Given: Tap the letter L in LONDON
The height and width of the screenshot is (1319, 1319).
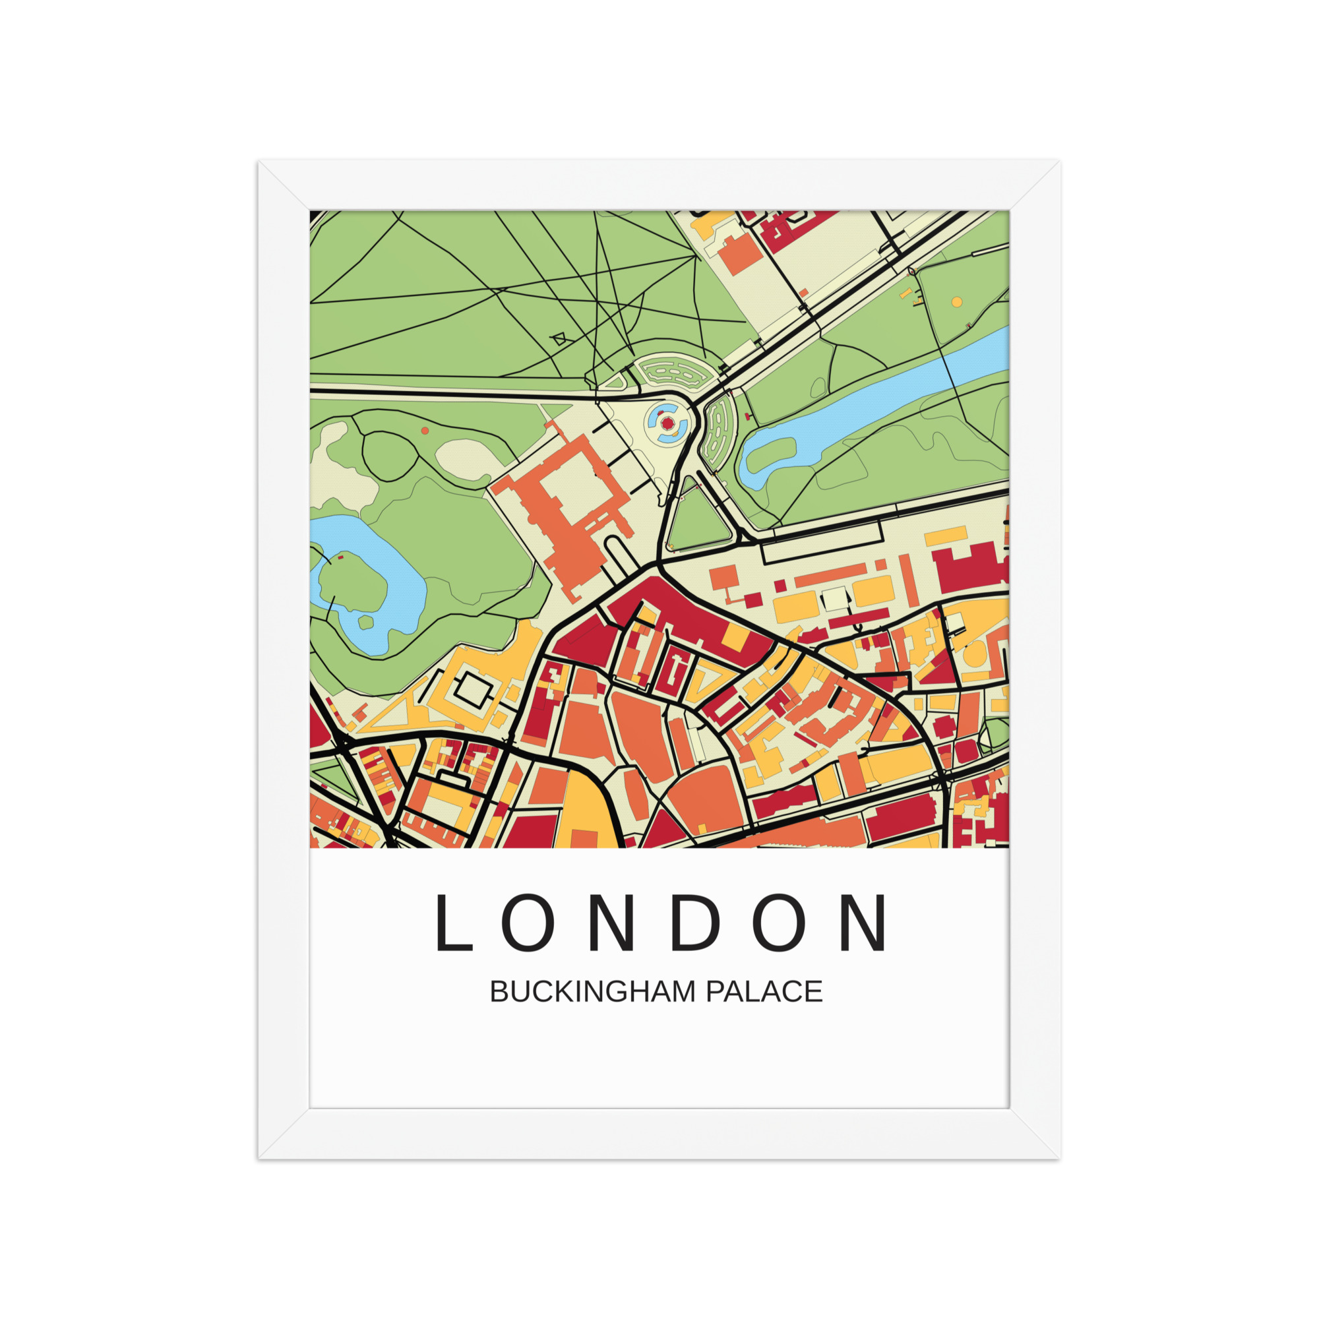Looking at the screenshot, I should click(x=453, y=922).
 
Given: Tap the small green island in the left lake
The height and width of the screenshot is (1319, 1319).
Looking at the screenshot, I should click(x=366, y=622).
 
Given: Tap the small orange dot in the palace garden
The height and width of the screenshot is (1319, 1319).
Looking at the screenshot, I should click(x=425, y=431).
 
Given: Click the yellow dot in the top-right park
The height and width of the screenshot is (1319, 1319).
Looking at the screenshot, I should click(x=956, y=302).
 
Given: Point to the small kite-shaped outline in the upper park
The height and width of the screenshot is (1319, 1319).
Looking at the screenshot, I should click(x=559, y=338).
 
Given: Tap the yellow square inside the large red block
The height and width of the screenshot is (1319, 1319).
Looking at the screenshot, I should click(x=735, y=636).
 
